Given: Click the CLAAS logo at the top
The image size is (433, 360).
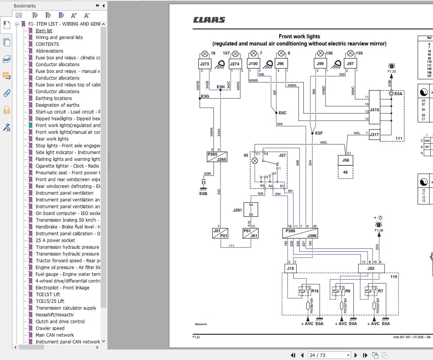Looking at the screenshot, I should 209,20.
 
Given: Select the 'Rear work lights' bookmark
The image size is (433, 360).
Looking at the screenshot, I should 52,139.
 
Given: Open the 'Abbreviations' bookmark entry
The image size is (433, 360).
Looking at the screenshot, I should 49,51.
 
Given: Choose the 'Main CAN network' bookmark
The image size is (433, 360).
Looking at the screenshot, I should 54,335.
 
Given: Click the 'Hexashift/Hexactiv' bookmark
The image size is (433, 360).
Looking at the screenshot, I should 54,315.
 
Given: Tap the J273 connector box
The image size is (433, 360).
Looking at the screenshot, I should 205,64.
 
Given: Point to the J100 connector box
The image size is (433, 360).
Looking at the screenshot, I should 253,64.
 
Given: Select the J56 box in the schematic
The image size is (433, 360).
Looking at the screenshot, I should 345,160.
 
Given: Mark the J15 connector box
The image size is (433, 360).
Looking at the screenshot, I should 290,268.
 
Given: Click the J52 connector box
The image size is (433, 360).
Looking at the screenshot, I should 371,268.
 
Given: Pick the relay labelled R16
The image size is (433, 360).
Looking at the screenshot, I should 315,291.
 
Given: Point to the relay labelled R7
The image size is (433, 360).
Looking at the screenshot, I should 380,291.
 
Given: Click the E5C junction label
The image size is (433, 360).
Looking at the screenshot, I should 282,113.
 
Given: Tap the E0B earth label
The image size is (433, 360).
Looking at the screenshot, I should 203,194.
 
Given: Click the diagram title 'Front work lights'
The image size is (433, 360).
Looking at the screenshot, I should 299,36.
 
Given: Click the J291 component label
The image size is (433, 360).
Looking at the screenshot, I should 237,210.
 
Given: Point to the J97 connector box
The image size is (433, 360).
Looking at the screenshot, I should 350,64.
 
